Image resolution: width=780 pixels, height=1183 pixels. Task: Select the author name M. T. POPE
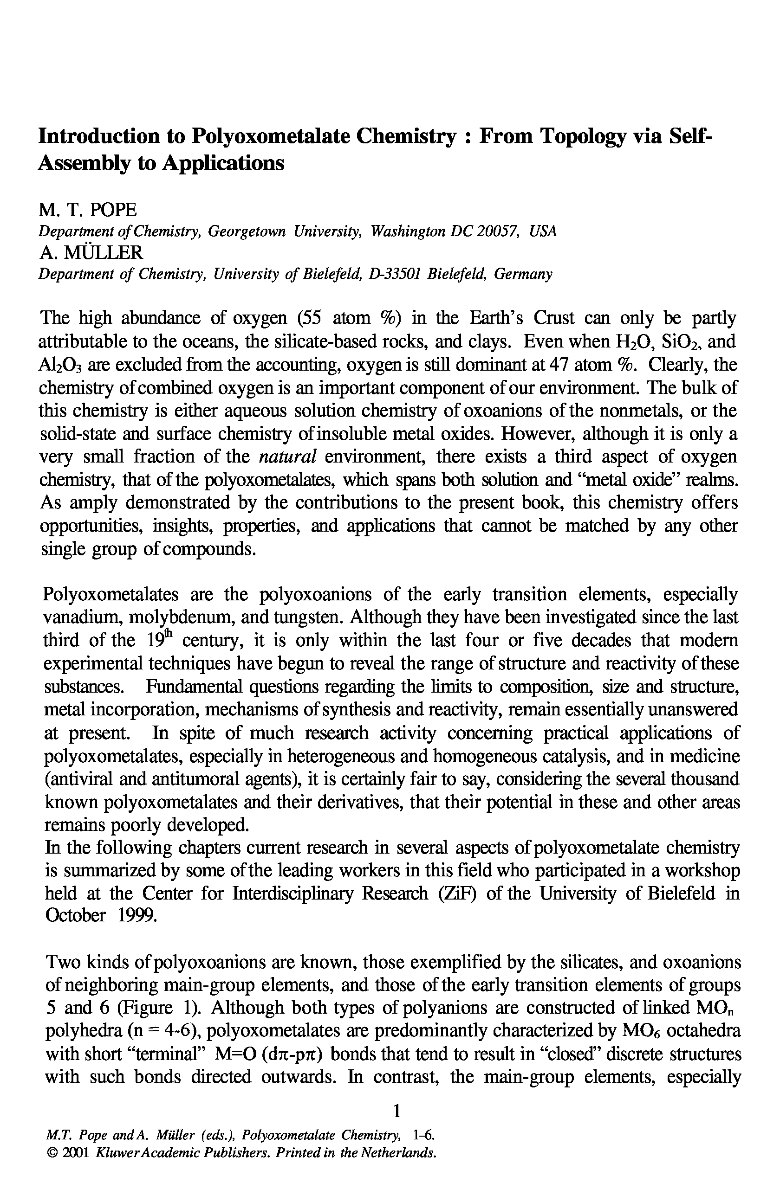click(x=87, y=210)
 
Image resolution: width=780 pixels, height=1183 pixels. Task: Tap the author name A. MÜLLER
click(x=91, y=253)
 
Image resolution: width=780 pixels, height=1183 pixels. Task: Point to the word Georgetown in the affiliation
click(x=246, y=231)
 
